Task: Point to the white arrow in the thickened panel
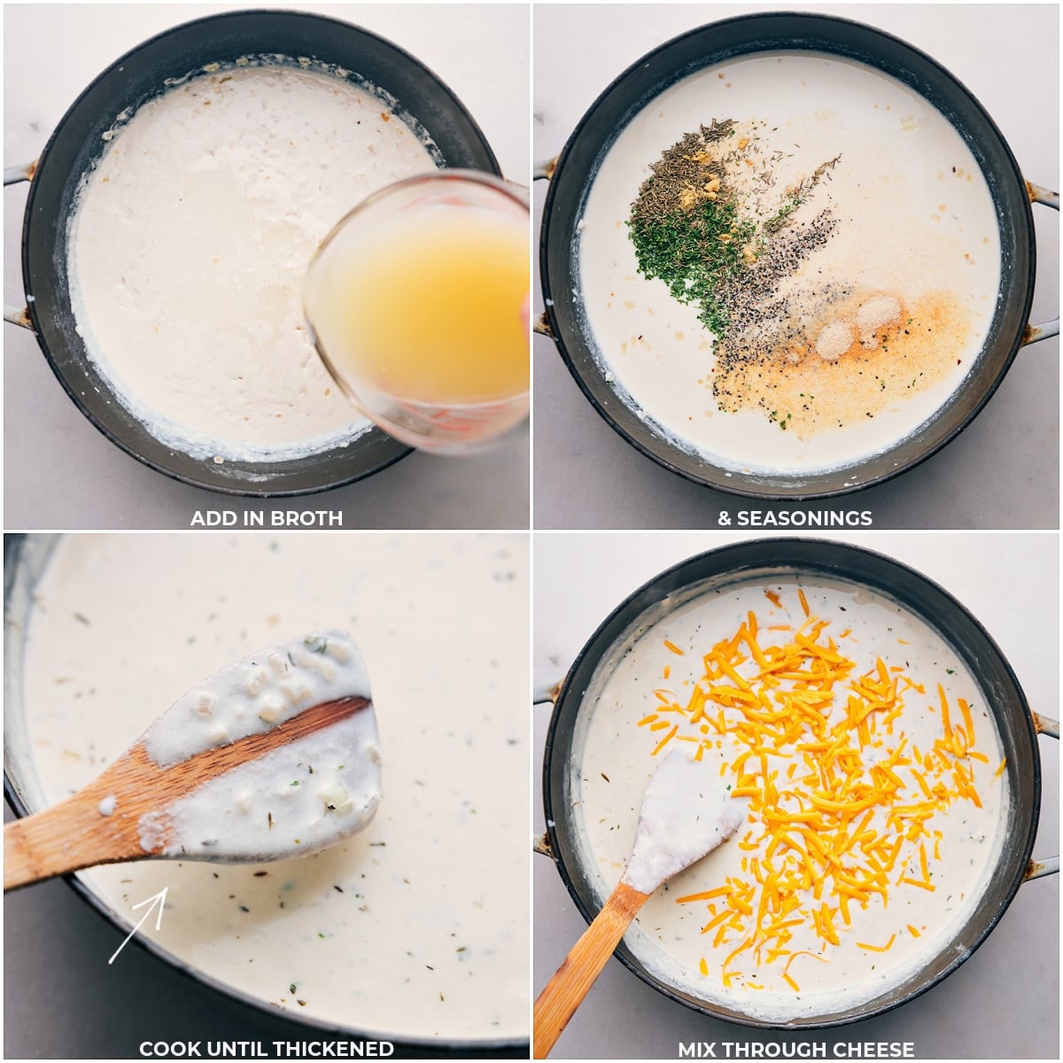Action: [x=137, y=926]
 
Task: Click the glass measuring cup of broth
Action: [x=419, y=310]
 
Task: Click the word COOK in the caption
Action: [x=169, y=1049]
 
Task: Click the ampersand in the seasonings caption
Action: [x=724, y=518]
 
